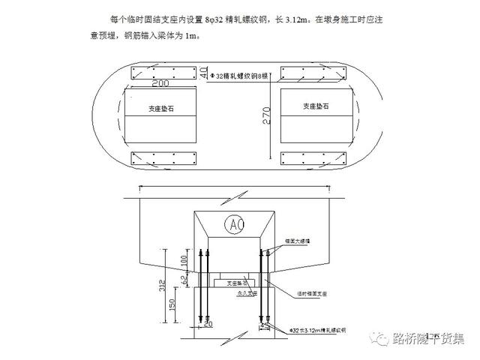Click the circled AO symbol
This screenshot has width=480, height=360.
pos(235,224)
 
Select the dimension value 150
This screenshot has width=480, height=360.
pos(172,306)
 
